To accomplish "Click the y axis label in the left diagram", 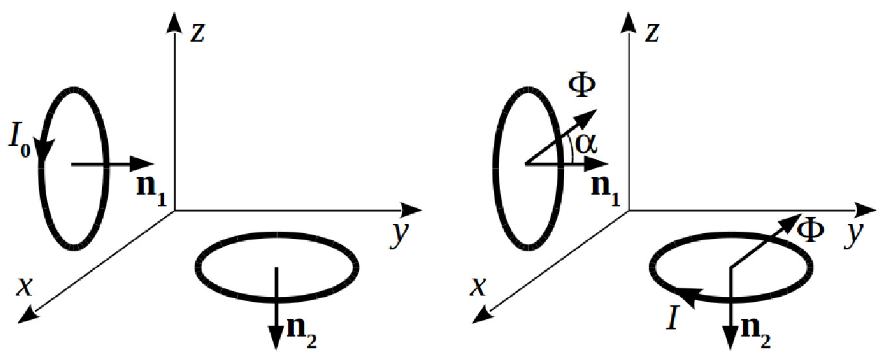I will point(398,236).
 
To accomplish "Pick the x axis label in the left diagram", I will point(25,286).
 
